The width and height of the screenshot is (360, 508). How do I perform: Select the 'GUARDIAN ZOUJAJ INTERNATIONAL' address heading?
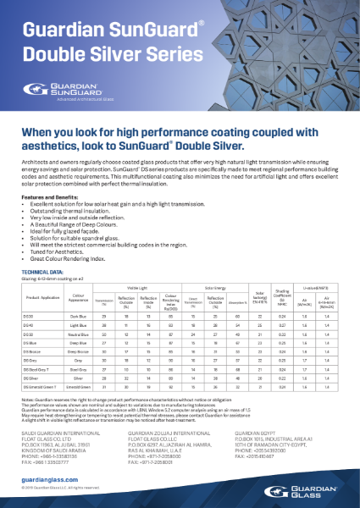pyautogui.click(x=166, y=430)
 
